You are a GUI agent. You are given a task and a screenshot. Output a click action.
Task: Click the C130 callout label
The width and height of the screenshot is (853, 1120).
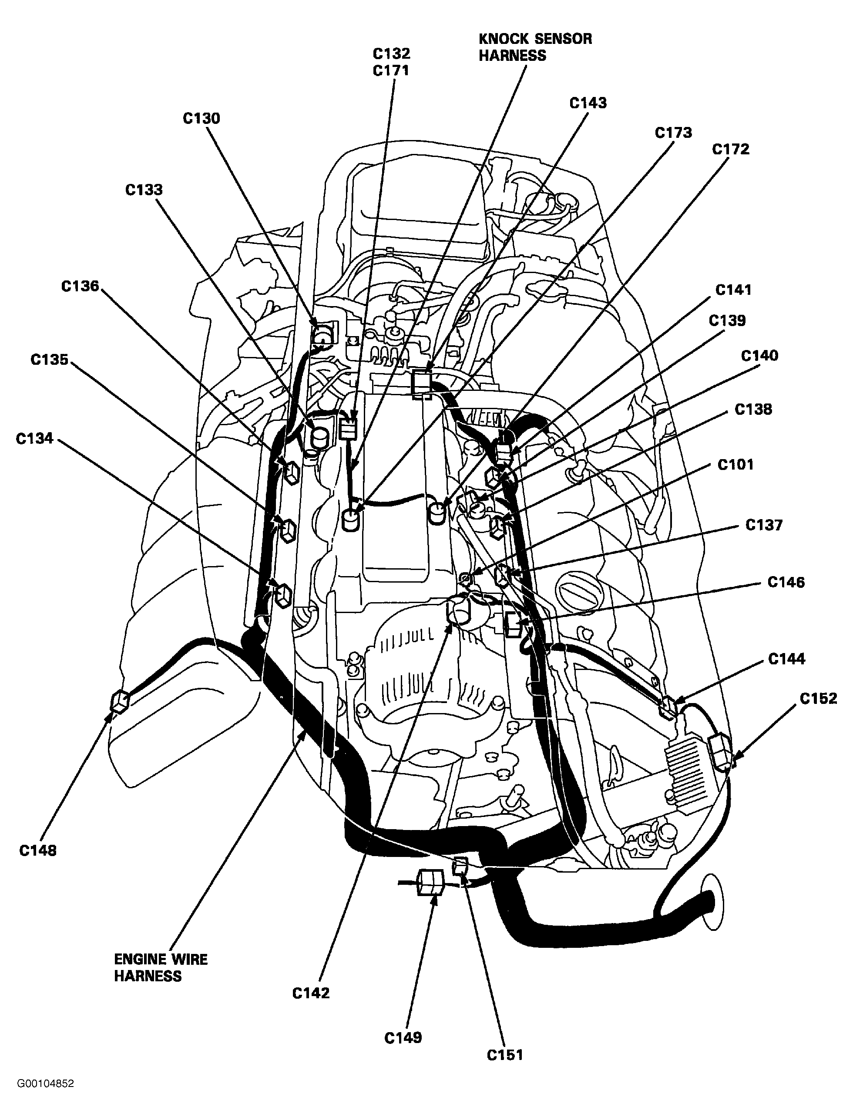pos(201,119)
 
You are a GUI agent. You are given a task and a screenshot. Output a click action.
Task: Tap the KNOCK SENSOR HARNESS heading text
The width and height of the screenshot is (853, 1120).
pos(534,47)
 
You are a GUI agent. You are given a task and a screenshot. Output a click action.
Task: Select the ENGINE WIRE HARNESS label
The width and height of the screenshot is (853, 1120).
pos(161,968)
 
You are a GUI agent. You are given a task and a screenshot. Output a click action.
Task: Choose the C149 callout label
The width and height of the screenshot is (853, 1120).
pos(403,1038)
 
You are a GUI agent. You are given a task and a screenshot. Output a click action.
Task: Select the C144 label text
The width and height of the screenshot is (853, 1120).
pos(786,659)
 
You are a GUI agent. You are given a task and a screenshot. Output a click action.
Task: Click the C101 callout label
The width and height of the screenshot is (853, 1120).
pos(735,465)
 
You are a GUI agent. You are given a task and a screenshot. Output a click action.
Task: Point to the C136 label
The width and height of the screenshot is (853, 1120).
pos(80,286)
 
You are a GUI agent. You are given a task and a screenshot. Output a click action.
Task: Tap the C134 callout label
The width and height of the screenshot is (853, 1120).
pos(34,438)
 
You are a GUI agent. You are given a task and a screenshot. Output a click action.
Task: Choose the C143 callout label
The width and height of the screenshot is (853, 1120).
pos(588,103)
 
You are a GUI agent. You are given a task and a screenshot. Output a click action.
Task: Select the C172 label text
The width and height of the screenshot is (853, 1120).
pos(730,149)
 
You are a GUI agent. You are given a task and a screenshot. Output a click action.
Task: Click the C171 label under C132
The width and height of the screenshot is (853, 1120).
pos(390,70)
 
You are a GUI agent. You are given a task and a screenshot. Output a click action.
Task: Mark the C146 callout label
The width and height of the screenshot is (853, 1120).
pos(786,582)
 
